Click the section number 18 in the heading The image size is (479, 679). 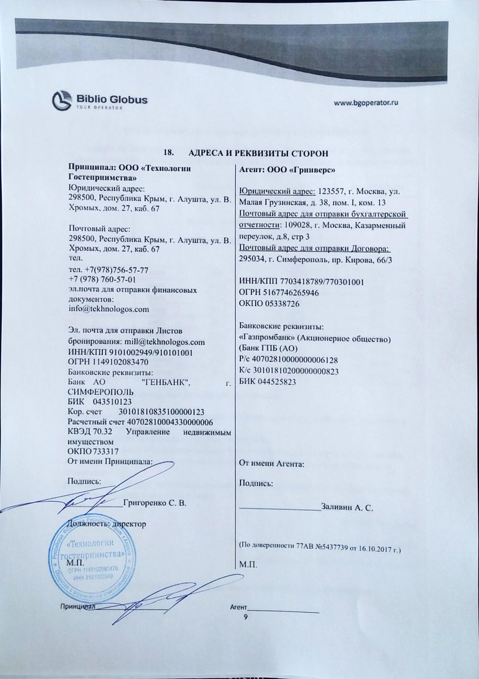(x=168, y=153)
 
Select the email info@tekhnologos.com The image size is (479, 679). (x=108, y=309)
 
